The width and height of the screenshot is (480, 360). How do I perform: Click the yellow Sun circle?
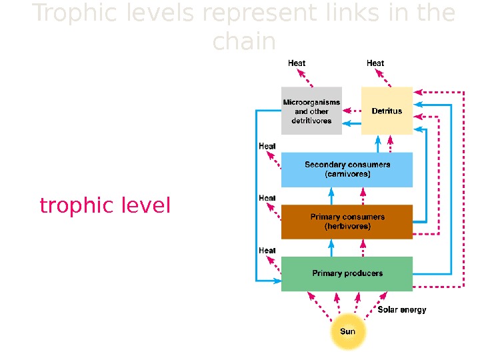point(348,332)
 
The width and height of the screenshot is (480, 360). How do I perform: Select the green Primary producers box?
point(347,273)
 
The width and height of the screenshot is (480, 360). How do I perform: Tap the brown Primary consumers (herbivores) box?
point(347,221)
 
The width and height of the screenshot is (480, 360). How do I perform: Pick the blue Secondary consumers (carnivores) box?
point(347,169)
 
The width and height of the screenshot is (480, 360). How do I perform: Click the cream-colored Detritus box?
point(387,111)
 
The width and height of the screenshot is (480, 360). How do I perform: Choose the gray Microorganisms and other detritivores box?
point(311,111)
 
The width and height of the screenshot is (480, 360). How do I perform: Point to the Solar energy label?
point(402,309)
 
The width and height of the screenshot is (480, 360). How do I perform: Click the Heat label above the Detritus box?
point(375,63)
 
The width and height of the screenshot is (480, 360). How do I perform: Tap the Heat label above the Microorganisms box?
point(297,63)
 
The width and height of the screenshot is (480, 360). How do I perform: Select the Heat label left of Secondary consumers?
point(267,146)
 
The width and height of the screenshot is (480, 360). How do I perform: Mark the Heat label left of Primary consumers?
point(267,198)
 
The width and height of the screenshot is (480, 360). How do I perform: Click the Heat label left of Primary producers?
point(267,250)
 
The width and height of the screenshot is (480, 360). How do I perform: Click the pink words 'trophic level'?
point(105,206)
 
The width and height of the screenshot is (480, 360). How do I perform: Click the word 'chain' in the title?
point(244,41)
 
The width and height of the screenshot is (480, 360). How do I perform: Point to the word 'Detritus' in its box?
point(387,111)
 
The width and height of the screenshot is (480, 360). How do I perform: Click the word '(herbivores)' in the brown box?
point(347,227)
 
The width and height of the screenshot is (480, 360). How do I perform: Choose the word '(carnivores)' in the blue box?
point(347,175)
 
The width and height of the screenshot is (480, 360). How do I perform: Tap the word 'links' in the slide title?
point(344,13)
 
